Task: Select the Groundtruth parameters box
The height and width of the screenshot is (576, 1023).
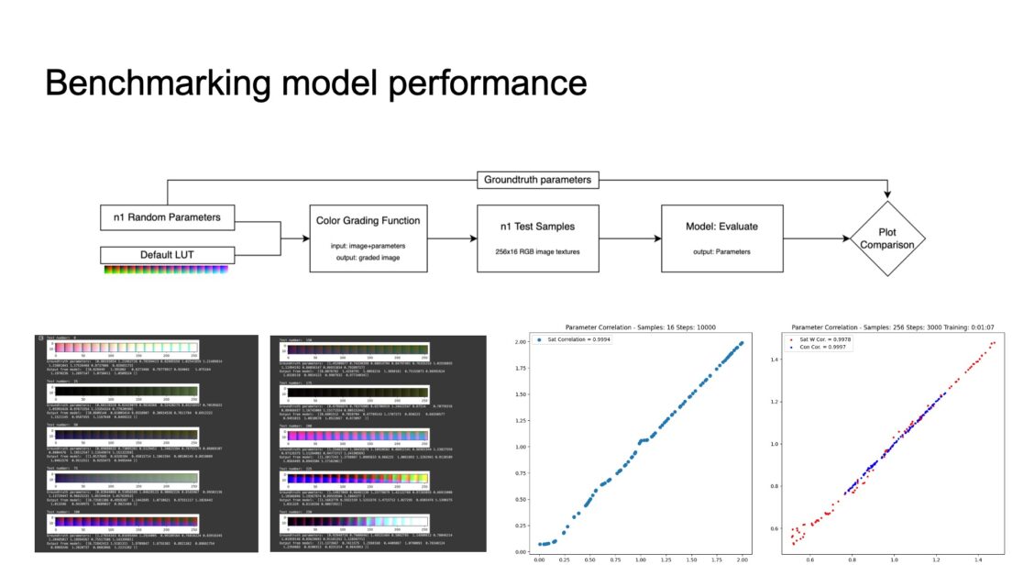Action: (x=536, y=180)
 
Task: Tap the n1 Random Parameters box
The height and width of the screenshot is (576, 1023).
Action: (x=166, y=218)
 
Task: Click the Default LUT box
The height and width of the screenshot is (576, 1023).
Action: (x=166, y=254)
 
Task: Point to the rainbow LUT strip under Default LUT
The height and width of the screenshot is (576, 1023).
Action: (x=166, y=268)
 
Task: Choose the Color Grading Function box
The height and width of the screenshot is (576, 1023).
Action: (x=368, y=237)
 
